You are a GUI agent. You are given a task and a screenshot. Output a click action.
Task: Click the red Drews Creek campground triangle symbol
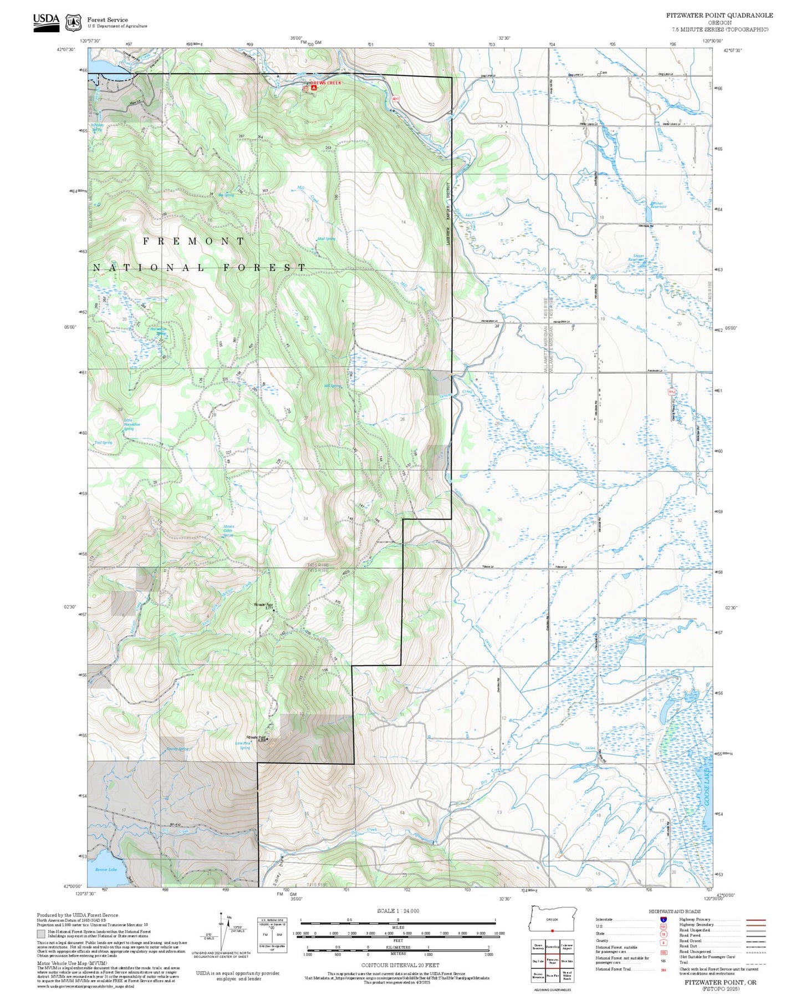pyautogui.click(x=314, y=87)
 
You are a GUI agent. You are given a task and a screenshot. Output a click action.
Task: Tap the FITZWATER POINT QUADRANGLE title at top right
pyautogui.click(x=719, y=15)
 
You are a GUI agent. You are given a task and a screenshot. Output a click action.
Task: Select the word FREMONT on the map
pyautogui.click(x=194, y=241)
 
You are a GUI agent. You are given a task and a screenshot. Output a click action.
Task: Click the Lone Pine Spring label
pyautogui.click(x=244, y=745)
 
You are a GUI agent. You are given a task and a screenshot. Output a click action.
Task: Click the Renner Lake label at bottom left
pyautogui.click(x=106, y=869)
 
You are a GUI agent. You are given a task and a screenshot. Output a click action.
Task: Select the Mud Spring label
pyautogui.click(x=326, y=238)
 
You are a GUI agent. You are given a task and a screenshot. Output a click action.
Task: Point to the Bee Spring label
pyautogui.click(x=226, y=195)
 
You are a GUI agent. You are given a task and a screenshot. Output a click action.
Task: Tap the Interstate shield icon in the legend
pyautogui.click(x=663, y=919)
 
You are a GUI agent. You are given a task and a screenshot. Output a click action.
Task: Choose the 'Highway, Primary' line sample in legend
pyautogui.click(x=756, y=920)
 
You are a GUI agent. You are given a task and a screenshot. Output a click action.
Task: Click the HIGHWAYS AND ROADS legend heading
pyautogui.click(x=674, y=911)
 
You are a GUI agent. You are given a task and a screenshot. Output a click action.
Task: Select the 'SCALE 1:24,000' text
pyautogui.click(x=398, y=911)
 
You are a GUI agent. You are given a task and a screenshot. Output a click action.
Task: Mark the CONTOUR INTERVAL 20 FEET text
pyautogui.click(x=400, y=965)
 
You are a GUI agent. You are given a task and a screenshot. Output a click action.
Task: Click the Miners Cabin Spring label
pyautogui.click(x=228, y=531)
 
